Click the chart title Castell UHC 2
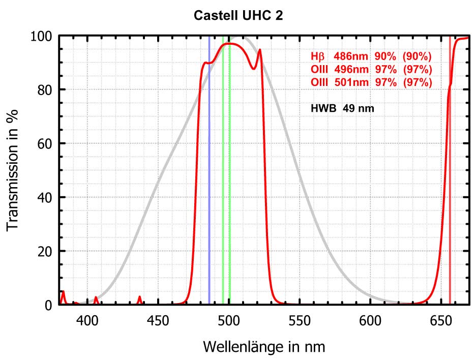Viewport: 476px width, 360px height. pyautogui.click(x=238, y=16)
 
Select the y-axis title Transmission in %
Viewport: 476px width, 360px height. pyautogui.click(x=14, y=170)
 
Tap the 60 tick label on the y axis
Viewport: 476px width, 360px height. pyautogui.click(x=45, y=143)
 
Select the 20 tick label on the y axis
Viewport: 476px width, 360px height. pyautogui.click(x=45, y=251)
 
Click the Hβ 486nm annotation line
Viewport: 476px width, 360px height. pyautogui.click(x=372, y=56)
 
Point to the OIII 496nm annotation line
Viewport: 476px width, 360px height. pyautogui.click(x=372, y=69)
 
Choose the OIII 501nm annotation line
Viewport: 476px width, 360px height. pyautogui.click(x=372, y=82)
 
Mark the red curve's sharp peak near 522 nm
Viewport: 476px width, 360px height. pyautogui.click(x=260, y=50)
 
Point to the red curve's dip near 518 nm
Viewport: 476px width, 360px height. pyautogui.click(x=254, y=69)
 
